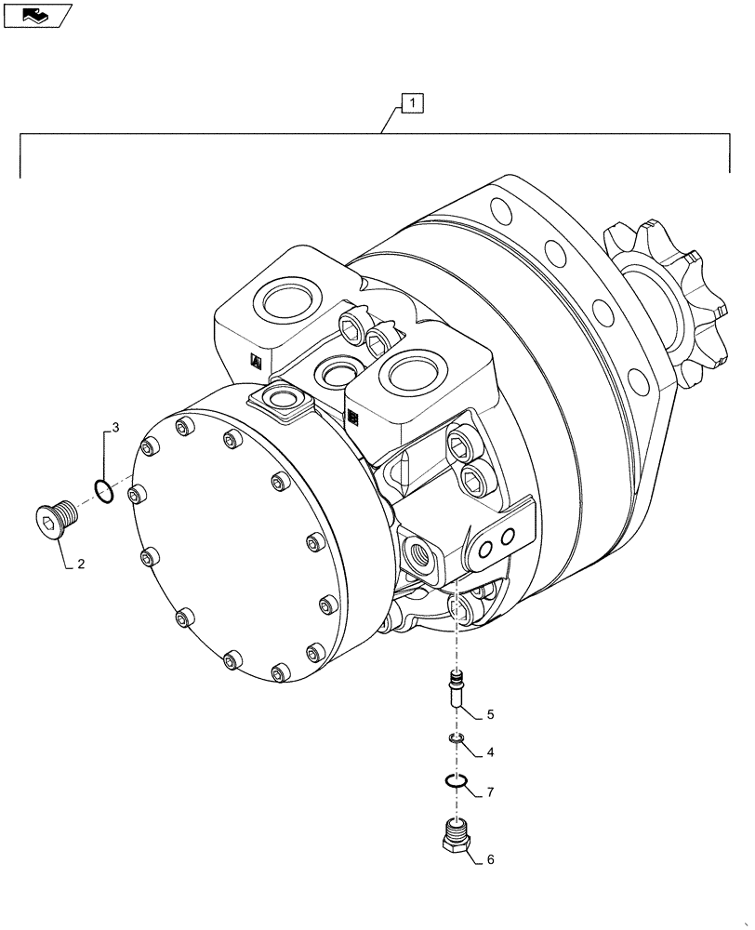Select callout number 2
[81, 564]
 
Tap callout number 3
[115, 428]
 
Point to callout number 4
[490, 751]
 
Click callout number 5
[490, 715]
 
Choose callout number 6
[490, 859]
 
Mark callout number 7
[490, 791]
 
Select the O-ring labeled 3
[105, 490]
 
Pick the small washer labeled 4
[456, 739]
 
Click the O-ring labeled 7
[456, 781]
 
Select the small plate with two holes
[498, 544]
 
